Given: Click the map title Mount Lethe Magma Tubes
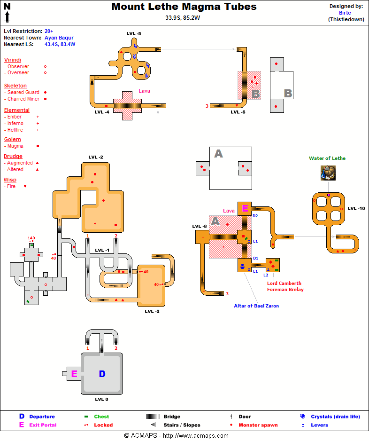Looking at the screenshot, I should pos(184,7).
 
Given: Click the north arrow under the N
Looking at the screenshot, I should pos(8,17).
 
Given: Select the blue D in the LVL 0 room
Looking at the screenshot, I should pos(102,374).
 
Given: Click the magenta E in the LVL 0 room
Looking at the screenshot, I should pos(74,374).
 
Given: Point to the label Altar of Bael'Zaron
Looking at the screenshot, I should pos(256,306).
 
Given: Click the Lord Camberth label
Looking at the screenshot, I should pos(284,283).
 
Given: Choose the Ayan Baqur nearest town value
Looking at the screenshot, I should pos(59,38).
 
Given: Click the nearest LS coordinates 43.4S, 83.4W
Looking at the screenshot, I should pos(60,44).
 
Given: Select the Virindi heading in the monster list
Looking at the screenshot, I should pos(12,60).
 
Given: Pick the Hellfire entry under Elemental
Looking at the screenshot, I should pos(15,130).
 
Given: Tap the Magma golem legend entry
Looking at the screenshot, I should pos(15,146).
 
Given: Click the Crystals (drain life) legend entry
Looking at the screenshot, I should pos(335,417).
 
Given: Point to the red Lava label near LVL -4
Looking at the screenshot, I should pos(144,91).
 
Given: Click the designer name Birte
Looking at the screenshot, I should pos(345,13).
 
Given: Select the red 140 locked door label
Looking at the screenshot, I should pos(31,238).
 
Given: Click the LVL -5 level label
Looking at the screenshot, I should pos(133,33).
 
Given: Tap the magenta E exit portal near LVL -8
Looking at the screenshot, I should pos(245,208).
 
